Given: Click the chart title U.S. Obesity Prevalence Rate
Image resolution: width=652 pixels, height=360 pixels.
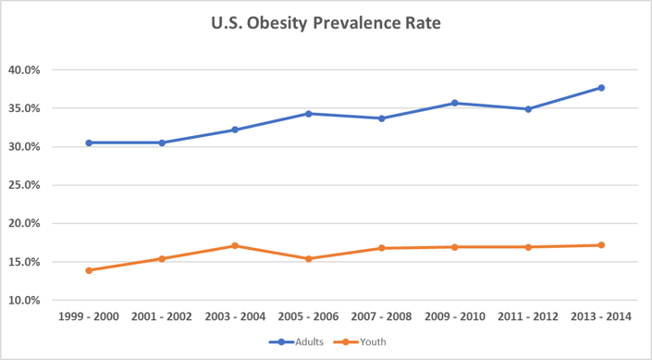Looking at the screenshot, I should (x=326, y=23).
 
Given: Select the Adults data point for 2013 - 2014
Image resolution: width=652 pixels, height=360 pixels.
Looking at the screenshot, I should (x=601, y=88).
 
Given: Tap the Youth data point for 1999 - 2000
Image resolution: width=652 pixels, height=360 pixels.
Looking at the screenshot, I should (x=89, y=270).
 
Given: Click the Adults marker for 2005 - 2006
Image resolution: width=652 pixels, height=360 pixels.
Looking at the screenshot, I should (x=309, y=114).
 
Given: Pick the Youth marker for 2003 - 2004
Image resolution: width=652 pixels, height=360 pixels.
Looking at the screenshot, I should (x=236, y=245).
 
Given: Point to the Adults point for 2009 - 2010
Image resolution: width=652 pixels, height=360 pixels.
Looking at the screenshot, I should (x=455, y=103).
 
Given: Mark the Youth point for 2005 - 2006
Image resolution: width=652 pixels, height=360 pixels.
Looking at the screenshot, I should (x=309, y=258).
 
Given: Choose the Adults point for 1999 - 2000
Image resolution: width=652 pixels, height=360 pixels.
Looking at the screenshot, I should (x=89, y=143).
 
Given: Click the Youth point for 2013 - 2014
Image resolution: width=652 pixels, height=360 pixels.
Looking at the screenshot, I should (x=601, y=245).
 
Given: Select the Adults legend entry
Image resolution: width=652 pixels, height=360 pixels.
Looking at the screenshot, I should (x=300, y=341).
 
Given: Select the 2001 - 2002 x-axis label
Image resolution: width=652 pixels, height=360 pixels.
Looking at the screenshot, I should (x=162, y=317).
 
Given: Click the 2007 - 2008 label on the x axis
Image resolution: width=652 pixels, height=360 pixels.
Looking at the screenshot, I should (x=382, y=317).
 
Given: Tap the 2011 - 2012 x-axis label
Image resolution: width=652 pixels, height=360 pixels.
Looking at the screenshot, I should (x=528, y=317).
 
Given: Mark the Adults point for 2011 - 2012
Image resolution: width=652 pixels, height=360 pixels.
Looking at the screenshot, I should (x=528, y=109).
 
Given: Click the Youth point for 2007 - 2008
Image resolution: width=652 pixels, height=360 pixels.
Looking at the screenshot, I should (x=382, y=248).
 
